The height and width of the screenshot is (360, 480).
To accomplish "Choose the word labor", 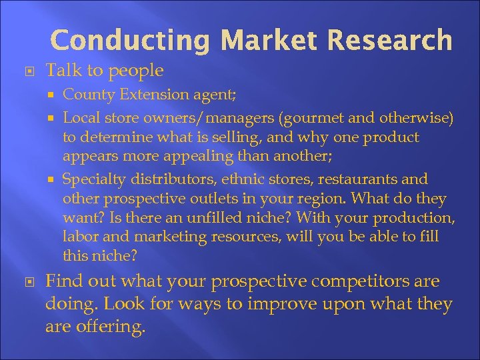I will click(x=79, y=237).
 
